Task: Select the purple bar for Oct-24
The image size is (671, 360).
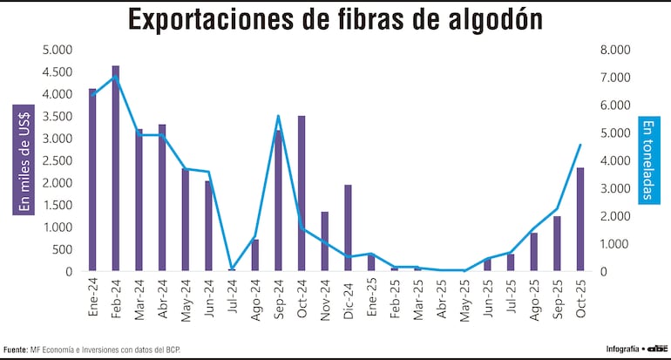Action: (x=302, y=193)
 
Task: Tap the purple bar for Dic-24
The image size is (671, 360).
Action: (x=348, y=228)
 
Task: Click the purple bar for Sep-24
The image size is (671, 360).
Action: (x=278, y=200)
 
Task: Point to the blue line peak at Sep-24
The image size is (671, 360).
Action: (x=278, y=116)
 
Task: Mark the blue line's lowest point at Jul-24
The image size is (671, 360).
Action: (x=232, y=269)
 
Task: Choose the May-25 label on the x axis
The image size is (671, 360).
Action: (x=464, y=299)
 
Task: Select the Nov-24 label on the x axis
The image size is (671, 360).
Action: (x=325, y=298)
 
